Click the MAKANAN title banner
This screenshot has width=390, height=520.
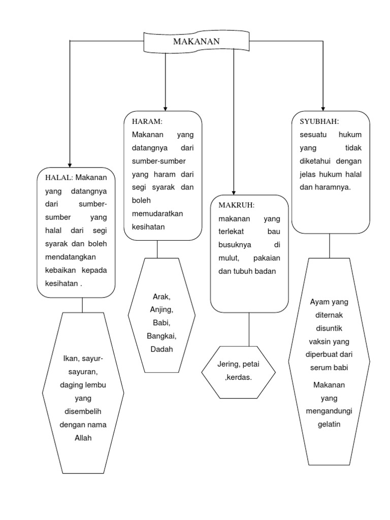pyautogui.click(x=197, y=42)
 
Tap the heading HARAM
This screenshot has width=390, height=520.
pyautogui.click(x=147, y=122)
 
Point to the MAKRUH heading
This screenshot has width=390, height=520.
pyautogui.click(x=236, y=205)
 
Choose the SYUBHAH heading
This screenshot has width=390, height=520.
pyautogui.click(x=319, y=122)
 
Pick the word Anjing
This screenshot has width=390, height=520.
pyautogui.click(x=162, y=309)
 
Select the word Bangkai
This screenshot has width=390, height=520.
pyautogui.click(x=162, y=336)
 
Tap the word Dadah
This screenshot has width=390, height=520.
pyautogui.click(x=161, y=349)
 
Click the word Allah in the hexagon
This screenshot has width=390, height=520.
pyautogui.click(x=82, y=438)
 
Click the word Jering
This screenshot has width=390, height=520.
pyautogui.click(x=228, y=365)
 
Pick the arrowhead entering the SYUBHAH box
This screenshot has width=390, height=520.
pyautogui.click(x=323, y=107)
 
